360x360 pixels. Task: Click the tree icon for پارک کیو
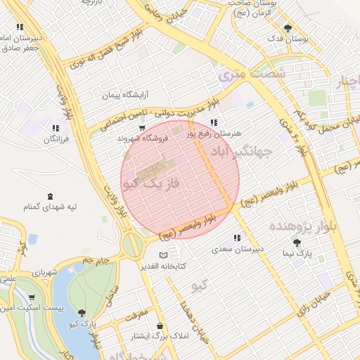[82, 313]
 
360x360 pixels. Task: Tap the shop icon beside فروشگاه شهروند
[142, 129]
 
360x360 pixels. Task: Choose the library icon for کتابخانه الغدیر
[164, 255]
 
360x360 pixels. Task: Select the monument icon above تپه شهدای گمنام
[49, 196]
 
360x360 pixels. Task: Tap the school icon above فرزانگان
[54, 129]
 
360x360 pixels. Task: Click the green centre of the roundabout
[132, 245]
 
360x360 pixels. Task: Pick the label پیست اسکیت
[38, 309]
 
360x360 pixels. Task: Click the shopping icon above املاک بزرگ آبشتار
[162, 326]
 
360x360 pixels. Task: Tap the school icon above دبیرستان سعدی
[237, 238]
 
